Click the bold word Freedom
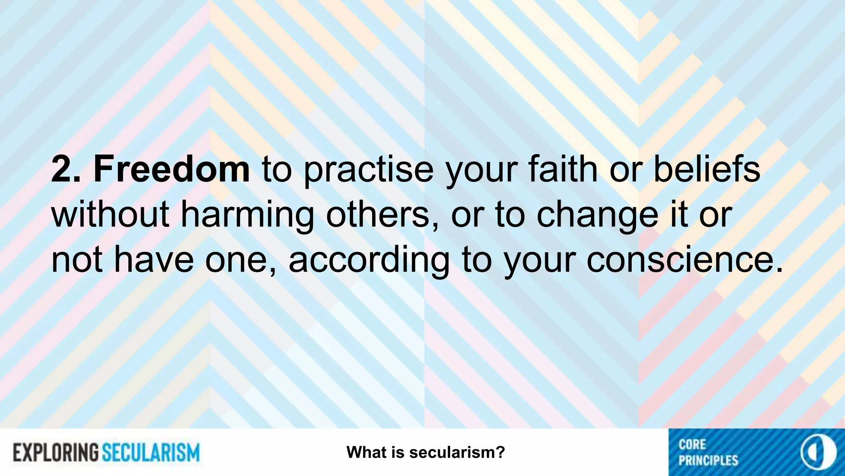tap(172, 169)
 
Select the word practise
tap(368, 170)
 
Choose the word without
tap(110, 214)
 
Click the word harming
tap(248, 216)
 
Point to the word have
tap(153, 260)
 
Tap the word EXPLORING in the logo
tap(56, 452)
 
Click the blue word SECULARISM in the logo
tap(151, 452)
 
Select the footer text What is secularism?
tap(426, 452)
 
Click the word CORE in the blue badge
tap(692, 445)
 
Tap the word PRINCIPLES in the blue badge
tap(708, 460)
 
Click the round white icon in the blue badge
tap(819, 452)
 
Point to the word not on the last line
tap(77, 260)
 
